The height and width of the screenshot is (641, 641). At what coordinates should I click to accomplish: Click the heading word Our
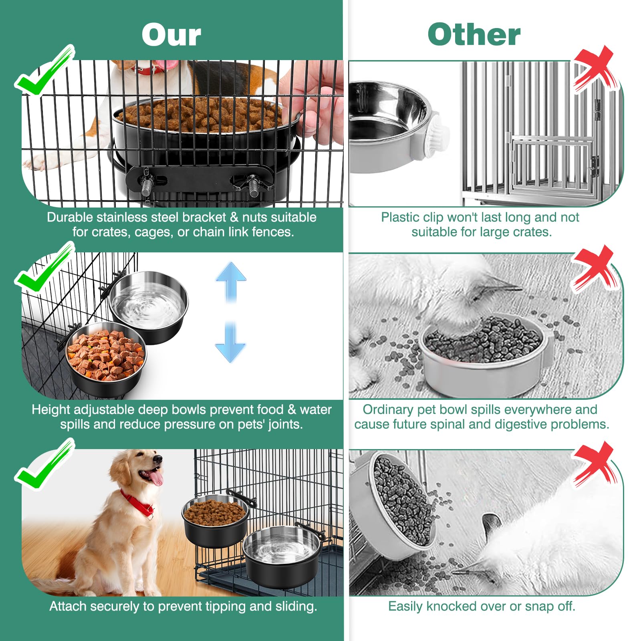[x=171, y=35]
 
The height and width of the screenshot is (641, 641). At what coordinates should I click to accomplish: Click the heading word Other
[x=474, y=35]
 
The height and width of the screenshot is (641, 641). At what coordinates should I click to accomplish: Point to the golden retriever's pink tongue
[x=157, y=478]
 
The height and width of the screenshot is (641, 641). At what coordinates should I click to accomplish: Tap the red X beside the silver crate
[x=594, y=68]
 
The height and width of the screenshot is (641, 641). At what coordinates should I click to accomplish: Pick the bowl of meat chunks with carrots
[x=106, y=359]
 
